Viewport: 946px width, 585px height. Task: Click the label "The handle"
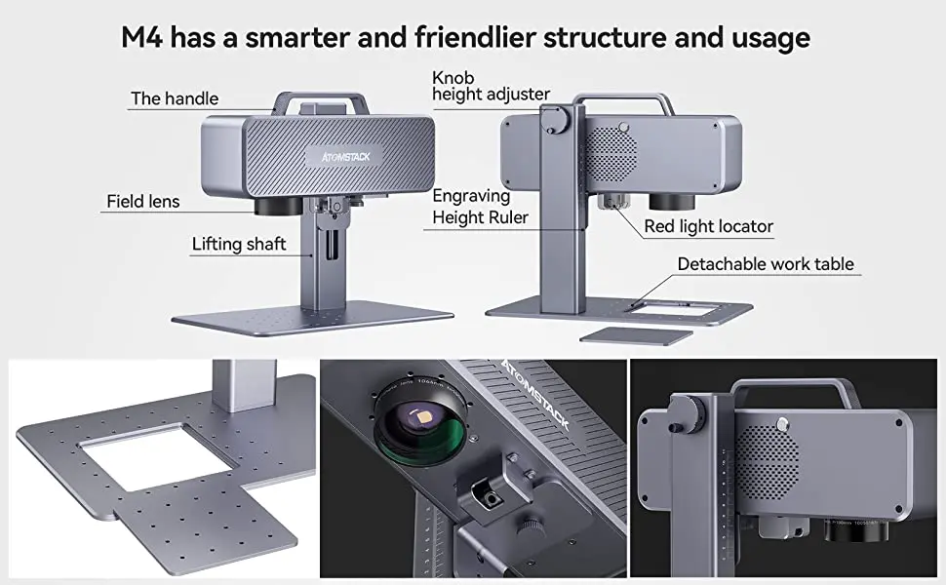click(x=175, y=98)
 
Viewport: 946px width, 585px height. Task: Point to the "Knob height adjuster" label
click(x=491, y=85)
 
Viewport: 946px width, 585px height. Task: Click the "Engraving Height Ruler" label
click(x=480, y=207)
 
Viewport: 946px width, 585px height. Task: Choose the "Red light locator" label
click(x=708, y=227)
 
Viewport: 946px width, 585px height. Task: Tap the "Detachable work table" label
click(x=765, y=264)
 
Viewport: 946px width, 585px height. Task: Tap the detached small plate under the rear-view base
click(x=635, y=335)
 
